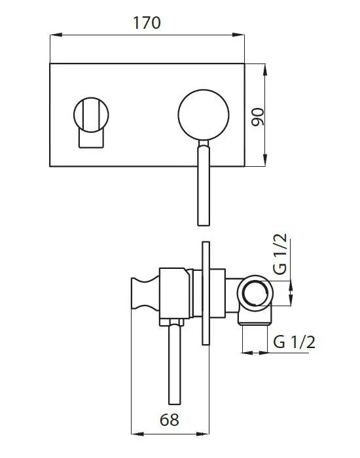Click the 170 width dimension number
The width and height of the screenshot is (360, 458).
click(x=147, y=23)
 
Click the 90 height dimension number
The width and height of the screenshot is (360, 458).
click(x=258, y=117)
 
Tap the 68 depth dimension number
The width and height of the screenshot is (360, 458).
click(x=170, y=420)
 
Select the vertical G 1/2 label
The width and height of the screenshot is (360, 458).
click(x=281, y=255)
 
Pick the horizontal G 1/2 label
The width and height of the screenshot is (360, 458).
click(x=295, y=342)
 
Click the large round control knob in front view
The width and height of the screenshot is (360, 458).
click(x=204, y=114)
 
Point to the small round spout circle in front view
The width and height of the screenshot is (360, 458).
click(x=91, y=114)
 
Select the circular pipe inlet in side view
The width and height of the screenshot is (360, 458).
click(x=255, y=293)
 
